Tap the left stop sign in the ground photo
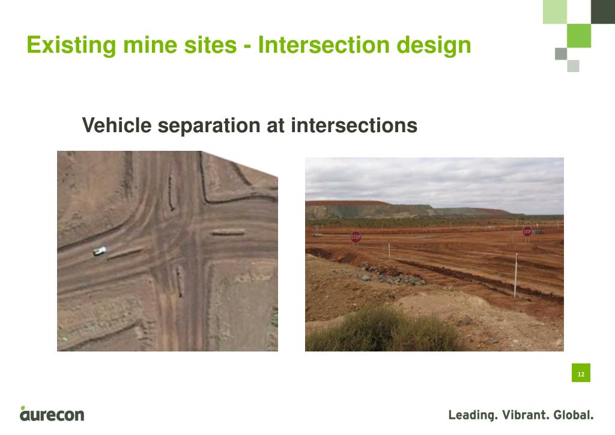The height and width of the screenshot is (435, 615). tap(356, 237)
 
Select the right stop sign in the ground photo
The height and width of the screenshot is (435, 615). tap(527, 231)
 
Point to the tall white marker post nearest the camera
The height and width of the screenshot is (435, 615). tap(515, 275)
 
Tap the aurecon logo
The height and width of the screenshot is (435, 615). tap(52, 414)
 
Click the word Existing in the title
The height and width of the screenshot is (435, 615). tap(64, 45)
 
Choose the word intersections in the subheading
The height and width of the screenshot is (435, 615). tap(354, 126)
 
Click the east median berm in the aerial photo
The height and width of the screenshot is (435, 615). tap(228, 232)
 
